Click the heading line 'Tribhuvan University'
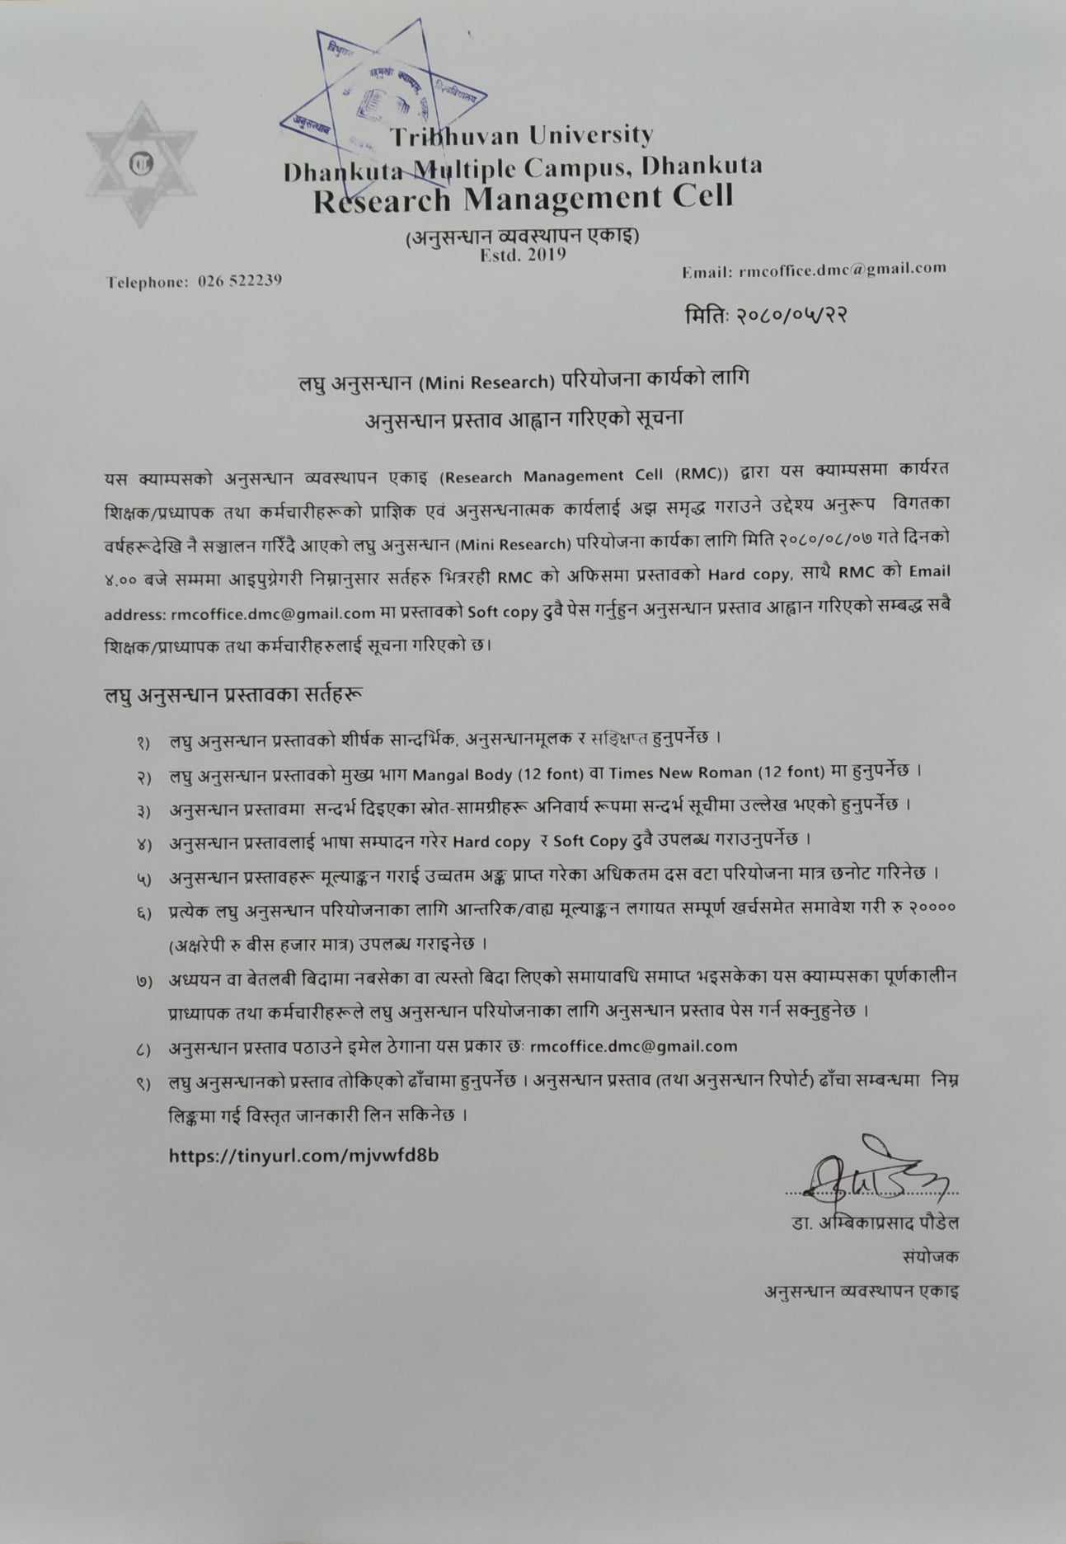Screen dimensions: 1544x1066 (x=521, y=135)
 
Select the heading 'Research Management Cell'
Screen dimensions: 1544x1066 (x=523, y=199)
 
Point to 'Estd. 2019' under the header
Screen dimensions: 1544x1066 (x=523, y=254)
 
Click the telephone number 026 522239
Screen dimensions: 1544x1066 (x=240, y=281)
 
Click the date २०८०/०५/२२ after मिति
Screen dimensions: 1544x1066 (x=791, y=315)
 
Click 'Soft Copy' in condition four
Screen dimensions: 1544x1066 (x=589, y=841)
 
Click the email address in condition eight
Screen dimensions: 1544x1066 (x=633, y=1046)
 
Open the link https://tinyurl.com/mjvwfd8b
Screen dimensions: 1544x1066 (x=303, y=1155)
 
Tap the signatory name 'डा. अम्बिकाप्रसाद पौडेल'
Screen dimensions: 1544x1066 (x=874, y=1223)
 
